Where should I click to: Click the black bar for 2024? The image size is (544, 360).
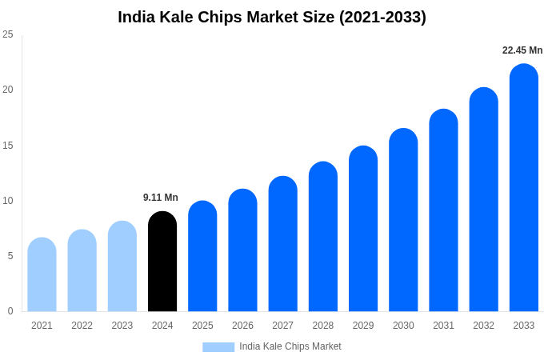[x=162, y=262]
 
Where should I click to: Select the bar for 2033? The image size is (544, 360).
[x=523, y=188]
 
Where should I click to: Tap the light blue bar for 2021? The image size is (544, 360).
[x=42, y=274]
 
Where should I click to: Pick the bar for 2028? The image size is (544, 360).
[x=323, y=237]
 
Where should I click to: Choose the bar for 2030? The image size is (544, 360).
[x=403, y=220]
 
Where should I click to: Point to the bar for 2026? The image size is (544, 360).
[x=242, y=250]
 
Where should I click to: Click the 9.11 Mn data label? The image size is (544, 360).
[x=161, y=198]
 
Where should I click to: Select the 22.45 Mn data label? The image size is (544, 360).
[x=522, y=50]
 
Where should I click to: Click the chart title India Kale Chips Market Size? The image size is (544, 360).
[x=272, y=17]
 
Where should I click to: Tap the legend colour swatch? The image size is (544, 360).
[x=218, y=347]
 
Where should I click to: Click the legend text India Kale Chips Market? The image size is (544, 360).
[x=290, y=346]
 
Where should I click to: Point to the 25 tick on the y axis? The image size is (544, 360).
[x=8, y=34]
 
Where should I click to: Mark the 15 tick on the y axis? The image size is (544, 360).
[x=8, y=145]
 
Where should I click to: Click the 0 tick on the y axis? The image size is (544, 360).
[x=10, y=311]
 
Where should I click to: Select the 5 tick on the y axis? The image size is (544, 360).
[x=10, y=256]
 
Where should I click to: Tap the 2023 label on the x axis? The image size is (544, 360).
[x=122, y=326]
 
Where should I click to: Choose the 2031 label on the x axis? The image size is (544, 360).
[x=443, y=326]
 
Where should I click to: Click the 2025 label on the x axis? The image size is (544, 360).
[x=202, y=326]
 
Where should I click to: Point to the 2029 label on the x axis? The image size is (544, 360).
[x=363, y=326]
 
